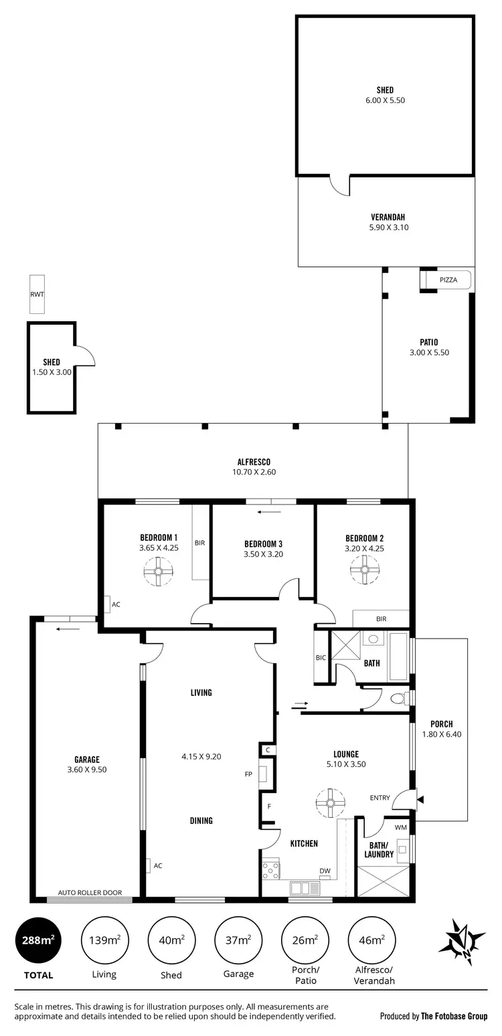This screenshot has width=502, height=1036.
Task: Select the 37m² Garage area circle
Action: [x=238, y=940]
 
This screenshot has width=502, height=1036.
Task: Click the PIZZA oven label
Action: [x=448, y=280]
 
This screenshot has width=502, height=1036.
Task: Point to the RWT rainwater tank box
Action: [x=37, y=294]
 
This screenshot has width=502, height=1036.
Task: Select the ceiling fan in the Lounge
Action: [x=329, y=803]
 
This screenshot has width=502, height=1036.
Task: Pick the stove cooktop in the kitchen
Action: [x=272, y=869]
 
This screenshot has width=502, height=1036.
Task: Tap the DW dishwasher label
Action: [x=325, y=871]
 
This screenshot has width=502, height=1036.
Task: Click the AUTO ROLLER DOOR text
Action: [x=90, y=892]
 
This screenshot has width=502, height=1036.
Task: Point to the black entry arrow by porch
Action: [x=420, y=798]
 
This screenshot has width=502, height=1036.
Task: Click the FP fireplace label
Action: [x=248, y=774]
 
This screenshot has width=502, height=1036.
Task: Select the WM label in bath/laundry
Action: [x=400, y=828]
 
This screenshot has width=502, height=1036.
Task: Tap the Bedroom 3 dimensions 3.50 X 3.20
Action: [x=263, y=554]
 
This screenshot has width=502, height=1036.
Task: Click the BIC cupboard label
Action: [x=321, y=658]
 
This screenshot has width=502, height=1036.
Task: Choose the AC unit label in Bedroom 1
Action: [x=116, y=604]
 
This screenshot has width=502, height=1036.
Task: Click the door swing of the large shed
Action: [x=339, y=185]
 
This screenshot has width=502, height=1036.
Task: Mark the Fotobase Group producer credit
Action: [x=434, y=1016]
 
